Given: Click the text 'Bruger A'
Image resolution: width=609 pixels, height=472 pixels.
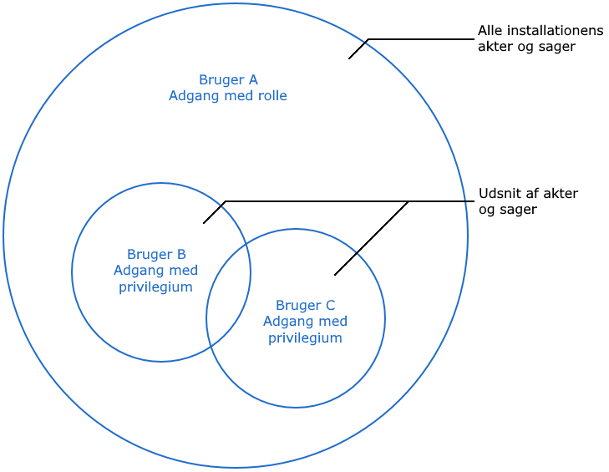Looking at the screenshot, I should coord(227,80).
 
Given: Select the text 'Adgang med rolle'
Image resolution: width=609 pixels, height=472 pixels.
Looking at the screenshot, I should coord(227,96).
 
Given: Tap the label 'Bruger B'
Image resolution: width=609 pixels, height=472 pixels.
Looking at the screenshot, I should coord(156,254).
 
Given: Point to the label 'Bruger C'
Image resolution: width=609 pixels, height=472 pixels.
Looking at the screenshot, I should coord(305,305).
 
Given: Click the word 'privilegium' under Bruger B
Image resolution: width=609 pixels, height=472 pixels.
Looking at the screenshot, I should coord(155,287).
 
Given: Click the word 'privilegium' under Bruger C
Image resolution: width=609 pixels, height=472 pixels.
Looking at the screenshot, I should coord(305,338).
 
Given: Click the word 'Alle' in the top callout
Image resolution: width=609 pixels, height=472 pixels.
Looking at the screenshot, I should coord(489,31).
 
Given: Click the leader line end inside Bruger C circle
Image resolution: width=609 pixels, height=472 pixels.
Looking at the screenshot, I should coord(335,274).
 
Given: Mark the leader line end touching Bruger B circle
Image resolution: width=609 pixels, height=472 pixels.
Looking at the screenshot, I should coord(205,222).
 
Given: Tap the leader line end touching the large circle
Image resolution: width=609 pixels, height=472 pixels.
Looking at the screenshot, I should coord(349,58).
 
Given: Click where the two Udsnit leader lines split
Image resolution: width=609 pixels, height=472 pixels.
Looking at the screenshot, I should coord(408,201).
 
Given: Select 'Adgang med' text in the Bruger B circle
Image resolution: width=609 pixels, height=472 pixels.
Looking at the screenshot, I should coord(155,270).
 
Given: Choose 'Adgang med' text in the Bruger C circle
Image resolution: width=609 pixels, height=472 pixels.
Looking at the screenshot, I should coord(305,322).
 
